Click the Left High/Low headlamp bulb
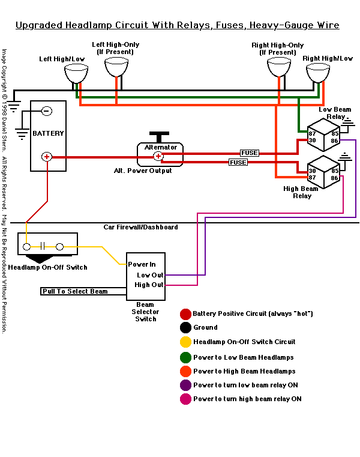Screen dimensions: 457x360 [76, 74]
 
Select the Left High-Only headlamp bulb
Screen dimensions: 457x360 [116, 67]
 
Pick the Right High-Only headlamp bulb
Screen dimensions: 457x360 [278, 67]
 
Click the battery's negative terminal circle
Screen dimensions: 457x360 [46, 110]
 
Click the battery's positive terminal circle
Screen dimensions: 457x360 [46, 157]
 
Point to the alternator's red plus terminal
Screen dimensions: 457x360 [158, 156]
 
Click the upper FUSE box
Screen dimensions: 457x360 [249, 153]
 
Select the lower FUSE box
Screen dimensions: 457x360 [238, 162]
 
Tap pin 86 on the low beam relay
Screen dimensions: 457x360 [334, 140]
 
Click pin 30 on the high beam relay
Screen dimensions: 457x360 [312, 171]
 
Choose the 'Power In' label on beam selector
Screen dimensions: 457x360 [142, 264]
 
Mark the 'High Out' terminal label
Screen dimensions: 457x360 [149, 285]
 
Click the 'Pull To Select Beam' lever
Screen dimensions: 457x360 [75, 291]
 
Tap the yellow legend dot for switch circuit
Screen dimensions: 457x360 [186, 342]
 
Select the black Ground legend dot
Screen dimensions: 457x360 [186, 328]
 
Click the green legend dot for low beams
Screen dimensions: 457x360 [186, 357]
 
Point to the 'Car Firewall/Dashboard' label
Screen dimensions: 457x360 [140, 227]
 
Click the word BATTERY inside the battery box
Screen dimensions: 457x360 [48, 133]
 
